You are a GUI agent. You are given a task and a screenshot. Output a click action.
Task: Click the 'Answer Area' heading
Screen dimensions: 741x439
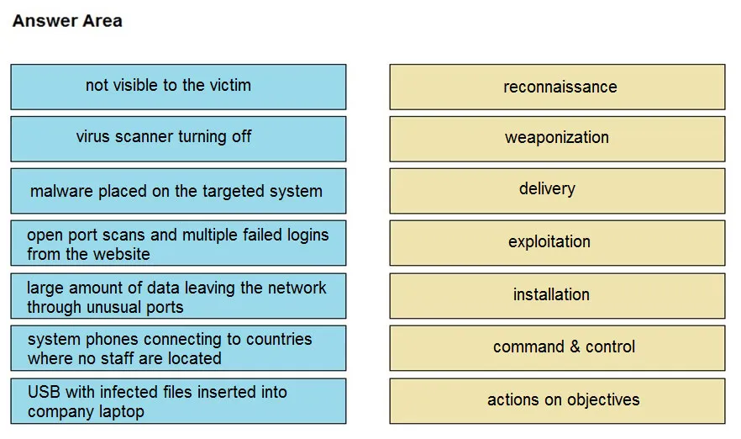(67, 21)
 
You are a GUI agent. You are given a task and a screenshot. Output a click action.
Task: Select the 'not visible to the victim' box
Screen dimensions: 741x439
(178, 87)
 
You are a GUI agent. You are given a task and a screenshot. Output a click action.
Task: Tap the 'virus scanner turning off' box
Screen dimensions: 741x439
(178, 139)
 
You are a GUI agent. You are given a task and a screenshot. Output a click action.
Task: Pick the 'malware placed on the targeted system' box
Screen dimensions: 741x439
(178, 191)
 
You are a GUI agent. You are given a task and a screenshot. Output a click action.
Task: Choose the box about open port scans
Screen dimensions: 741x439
(178, 243)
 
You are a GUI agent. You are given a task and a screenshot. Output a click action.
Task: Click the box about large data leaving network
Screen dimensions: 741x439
(178, 296)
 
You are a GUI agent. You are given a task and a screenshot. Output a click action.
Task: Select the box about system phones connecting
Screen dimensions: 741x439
(178, 348)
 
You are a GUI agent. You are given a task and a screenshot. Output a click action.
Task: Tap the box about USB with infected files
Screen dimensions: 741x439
(178, 401)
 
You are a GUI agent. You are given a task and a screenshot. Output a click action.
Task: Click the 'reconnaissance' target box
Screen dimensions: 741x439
(557, 87)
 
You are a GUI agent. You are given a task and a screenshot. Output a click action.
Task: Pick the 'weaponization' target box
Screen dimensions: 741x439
(557, 139)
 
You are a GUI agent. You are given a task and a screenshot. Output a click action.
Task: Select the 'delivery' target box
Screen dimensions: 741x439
(557, 191)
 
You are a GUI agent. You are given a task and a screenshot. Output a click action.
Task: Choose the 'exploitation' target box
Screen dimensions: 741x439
(557, 243)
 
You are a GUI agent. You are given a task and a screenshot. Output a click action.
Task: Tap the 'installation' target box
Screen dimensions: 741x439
(557, 296)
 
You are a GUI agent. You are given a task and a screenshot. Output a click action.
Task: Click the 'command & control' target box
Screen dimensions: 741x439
(557, 348)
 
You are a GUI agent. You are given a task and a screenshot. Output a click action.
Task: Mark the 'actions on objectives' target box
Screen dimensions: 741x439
(557, 401)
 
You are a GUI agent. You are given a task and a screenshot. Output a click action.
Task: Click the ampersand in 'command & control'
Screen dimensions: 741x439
(575, 346)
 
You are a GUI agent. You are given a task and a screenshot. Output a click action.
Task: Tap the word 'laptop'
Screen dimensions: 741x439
(120, 412)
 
